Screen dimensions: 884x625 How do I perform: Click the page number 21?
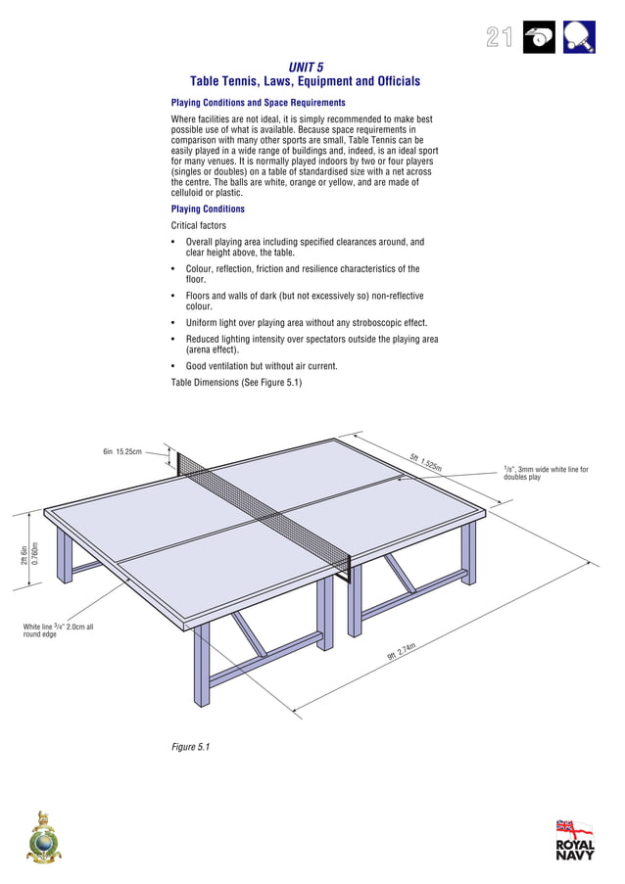499,38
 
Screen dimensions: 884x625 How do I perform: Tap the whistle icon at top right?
539,37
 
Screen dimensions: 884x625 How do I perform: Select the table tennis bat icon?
580,37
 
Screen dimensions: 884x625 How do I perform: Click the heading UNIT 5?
306,67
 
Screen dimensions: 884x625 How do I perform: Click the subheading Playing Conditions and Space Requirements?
258,103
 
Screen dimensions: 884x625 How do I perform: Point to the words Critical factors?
198,226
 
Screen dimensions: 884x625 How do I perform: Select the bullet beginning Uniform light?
306,323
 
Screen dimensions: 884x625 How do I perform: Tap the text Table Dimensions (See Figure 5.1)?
236,383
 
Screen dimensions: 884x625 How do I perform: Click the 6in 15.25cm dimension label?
122,452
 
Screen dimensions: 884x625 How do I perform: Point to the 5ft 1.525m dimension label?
425,461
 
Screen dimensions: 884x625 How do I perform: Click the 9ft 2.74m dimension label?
402,650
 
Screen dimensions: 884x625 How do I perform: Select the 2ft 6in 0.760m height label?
29,554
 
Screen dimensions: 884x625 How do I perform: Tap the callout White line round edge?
58,630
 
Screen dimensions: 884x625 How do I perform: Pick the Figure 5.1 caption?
191,747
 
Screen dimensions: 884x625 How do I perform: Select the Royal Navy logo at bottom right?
574,840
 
